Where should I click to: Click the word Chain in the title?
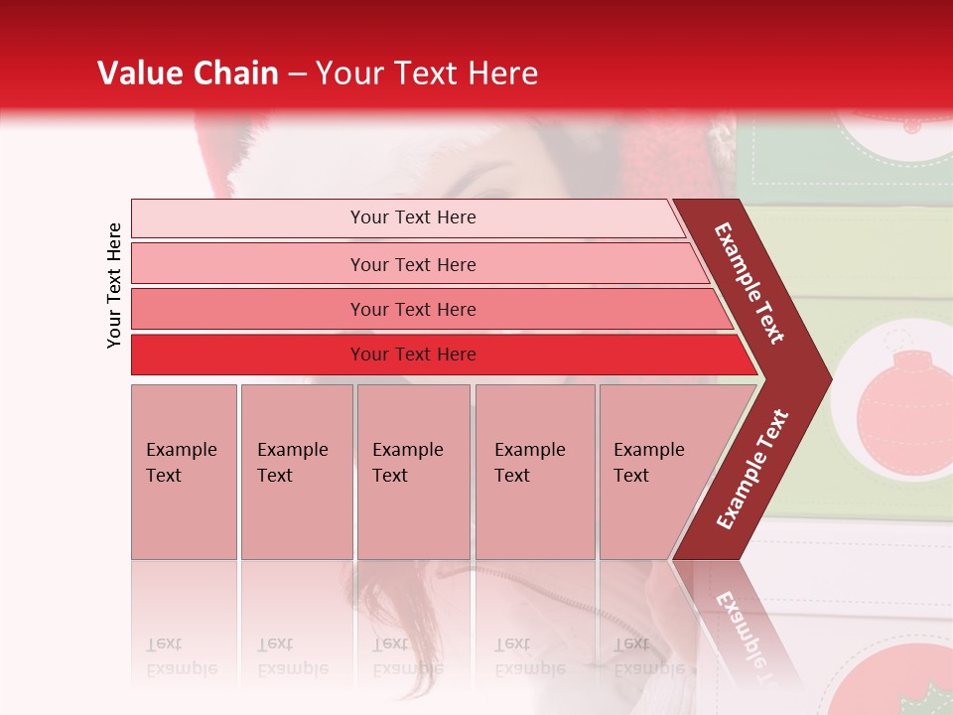click(x=236, y=73)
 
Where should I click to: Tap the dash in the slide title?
click(x=299, y=74)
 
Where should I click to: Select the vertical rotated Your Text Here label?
click(x=114, y=285)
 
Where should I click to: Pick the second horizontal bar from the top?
click(x=413, y=264)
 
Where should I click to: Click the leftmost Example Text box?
click(x=184, y=472)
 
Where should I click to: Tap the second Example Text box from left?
click(x=297, y=472)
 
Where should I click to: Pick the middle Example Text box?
click(x=413, y=472)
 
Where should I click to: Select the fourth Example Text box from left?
click(x=535, y=472)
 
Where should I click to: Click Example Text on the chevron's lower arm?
click(x=752, y=470)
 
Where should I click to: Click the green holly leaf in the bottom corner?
click(x=917, y=695)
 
